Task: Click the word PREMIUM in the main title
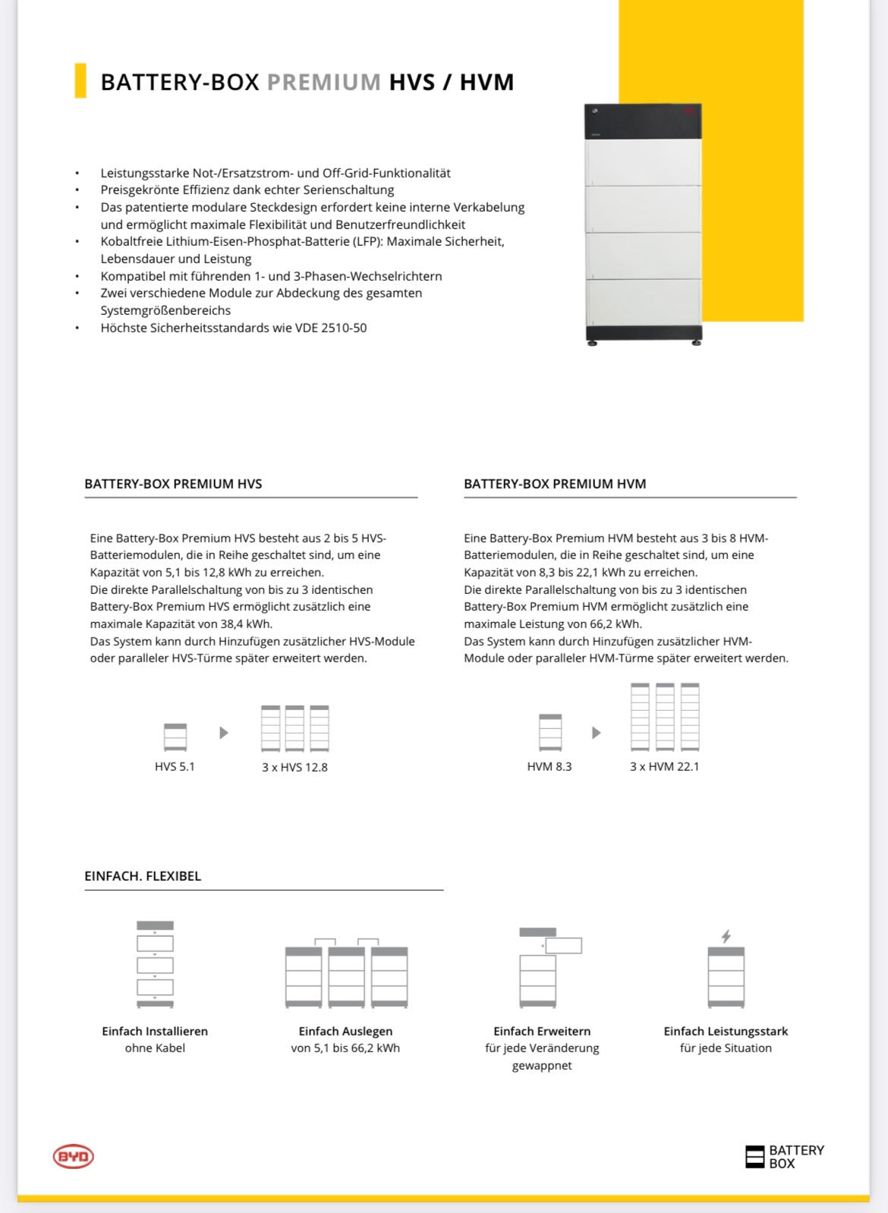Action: (x=324, y=82)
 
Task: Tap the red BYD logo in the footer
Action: (x=73, y=1157)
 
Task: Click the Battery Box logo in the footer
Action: (x=785, y=1157)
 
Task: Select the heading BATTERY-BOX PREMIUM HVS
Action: (x=173, y=484)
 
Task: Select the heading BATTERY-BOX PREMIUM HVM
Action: (x=555, y=484)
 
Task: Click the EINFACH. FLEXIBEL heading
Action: (x=143, y=876)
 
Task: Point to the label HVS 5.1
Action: (x=175, y=767)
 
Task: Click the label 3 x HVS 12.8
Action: (x=294, y=768)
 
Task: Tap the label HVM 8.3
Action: (x=549, y=767)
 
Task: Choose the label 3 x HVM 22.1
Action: (x=664, y=767)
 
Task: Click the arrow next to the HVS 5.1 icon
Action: (x=224, y=733)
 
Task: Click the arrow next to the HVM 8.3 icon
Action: (x=597, y=733)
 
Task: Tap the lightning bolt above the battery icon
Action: (x=726, y=936)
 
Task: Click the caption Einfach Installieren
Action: (x=155, y=1032)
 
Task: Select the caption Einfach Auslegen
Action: (x=345, y=1032)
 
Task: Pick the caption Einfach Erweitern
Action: (x=542, y=1032)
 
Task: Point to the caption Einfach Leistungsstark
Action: (x=726, y=1032)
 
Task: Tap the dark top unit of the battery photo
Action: (x=643, y=121)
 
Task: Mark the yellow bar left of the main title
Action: (x=80, y=80)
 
